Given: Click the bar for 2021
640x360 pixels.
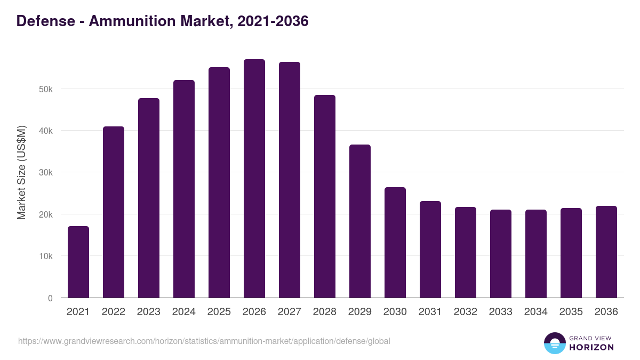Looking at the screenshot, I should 78,262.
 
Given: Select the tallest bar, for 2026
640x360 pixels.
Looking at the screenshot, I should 254,179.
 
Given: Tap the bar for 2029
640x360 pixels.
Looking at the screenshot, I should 360,221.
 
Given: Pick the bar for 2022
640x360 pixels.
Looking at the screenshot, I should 114,212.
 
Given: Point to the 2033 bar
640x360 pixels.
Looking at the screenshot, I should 501,254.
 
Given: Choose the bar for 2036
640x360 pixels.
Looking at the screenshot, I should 606,252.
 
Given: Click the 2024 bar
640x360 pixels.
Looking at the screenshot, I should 184,189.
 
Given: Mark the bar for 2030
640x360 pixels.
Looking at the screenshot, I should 395,243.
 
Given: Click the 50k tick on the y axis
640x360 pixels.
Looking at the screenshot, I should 46,89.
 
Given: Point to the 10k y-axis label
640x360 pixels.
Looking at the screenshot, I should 46,256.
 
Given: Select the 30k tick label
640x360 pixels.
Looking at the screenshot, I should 46,173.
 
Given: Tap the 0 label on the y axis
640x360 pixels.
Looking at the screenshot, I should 50,298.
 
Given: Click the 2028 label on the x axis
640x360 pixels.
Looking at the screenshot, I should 325,312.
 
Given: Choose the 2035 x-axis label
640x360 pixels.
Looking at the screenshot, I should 571,312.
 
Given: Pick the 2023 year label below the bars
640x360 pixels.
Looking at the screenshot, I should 149,312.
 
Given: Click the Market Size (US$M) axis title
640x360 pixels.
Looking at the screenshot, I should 21,172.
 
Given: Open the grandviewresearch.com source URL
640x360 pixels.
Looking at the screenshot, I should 204,341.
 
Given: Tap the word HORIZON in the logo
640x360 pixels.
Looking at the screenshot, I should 591,347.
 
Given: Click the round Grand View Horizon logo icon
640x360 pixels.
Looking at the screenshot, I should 555,343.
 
